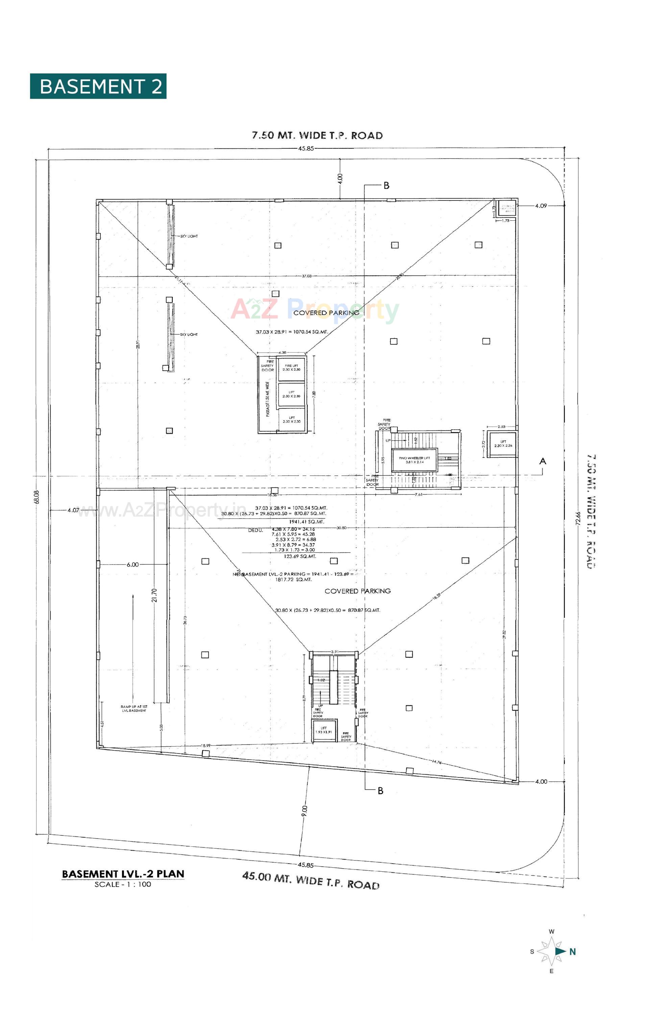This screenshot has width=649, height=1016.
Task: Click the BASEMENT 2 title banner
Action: pyautogui.click(x=98, y=86)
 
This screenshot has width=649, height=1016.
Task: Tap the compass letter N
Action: pyautogui.click(x=573, y=951)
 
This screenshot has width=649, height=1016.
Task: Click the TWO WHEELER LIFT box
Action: pyautogui.click(x=414, y=460)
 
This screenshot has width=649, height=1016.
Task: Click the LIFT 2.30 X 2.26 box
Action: pyautogui.click(x=503, y=444)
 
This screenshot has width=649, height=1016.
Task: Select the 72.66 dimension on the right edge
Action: pyautogui.click(x=578, y=518)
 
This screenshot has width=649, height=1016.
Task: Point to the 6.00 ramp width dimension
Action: pyautogui.click(x=133, y=564)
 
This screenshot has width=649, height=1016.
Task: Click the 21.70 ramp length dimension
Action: pyautogui.click(x=154, y=595)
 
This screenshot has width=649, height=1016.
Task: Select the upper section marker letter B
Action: pyautogui.click(x=386, y=186)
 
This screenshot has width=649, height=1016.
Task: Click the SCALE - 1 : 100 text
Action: pyautogui.click(x=122, y=885)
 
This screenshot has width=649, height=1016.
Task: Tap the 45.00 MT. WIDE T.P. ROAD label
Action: pyautogui.click(x=311, y=880)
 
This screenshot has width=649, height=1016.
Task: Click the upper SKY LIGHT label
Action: pyautogui.click(x=189, y=236)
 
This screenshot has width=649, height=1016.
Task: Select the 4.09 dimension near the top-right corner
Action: pyautogui.click(x=540, y=206)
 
